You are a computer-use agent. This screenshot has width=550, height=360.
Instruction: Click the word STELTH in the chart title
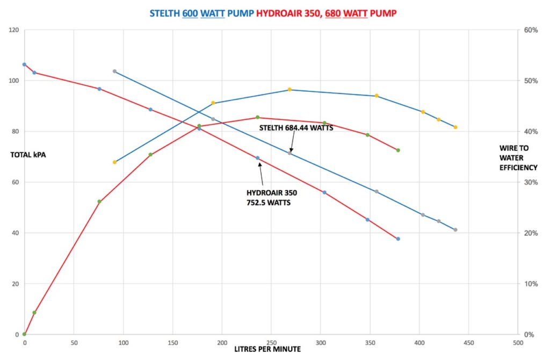[165, 13]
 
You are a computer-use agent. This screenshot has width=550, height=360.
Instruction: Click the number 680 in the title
[333, 13]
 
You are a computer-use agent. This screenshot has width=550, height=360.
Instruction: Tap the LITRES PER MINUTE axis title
[267, 349]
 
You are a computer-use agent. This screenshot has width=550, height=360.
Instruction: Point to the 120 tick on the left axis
[13, 30]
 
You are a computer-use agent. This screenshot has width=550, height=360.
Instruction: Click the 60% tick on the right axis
[531, 30]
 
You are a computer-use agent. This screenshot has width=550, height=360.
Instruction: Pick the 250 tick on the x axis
[271, 342]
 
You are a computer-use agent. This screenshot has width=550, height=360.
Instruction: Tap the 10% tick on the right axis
[531, 284]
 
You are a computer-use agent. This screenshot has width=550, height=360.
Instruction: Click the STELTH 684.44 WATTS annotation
[296, 128]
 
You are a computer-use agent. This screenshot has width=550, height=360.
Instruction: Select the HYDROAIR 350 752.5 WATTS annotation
[272, 197]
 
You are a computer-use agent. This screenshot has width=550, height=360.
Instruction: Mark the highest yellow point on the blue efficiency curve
[290, 89]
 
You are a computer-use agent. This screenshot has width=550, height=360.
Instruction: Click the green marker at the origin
[24, 334]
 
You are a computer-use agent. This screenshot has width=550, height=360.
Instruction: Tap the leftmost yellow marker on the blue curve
[114, 162]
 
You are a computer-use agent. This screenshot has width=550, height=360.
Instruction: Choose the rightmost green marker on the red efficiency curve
[398, 150]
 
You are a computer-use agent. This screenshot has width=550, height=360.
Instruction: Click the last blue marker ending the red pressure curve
[398, 239]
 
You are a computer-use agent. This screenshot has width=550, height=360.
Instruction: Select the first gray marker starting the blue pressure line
[114, 71]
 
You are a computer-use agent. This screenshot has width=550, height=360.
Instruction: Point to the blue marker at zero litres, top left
[24, 64]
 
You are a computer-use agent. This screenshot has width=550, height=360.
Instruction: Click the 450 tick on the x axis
[469, 342]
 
